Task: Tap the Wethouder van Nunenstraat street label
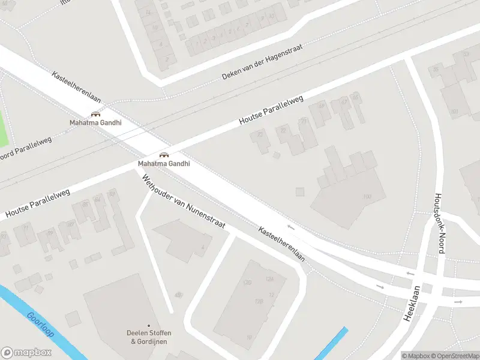coord(183,201)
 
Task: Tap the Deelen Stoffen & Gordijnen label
coord(146,337)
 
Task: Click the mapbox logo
coord(26,353)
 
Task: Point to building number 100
coord(367,197)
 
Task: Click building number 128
coord(259,301)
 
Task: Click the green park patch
coord(3,127)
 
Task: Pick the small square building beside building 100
coord(299,192)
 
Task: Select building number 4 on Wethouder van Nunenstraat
coord(202,247)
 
